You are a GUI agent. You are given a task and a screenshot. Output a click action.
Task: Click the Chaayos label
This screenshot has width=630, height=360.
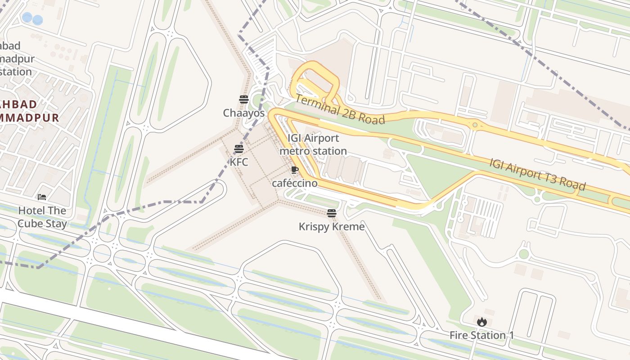point(243,113)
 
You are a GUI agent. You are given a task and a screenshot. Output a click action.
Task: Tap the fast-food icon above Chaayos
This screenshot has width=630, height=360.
point(244,99)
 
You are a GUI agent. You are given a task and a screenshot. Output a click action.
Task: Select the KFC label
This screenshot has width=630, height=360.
point(239,162)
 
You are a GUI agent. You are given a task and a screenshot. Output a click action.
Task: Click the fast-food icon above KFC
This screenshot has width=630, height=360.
point(239,149)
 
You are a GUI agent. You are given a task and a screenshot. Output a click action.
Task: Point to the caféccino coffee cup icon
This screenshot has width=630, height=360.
point(294,170)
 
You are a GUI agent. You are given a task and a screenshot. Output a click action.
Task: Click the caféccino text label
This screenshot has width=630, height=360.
point(294,183)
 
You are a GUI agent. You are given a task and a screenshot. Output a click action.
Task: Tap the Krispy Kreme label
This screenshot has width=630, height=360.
point(332,226)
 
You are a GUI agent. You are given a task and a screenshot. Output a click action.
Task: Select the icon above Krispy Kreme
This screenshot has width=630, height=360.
point(332,213)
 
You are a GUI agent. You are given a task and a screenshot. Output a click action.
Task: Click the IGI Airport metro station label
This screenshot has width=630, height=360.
point(313,144)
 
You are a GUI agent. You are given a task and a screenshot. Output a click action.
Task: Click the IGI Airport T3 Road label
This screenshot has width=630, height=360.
point(537,174)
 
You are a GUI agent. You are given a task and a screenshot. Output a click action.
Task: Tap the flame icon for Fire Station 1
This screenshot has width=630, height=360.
point(481,322)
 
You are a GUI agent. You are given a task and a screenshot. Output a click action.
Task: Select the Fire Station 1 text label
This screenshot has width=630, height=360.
point(481,335)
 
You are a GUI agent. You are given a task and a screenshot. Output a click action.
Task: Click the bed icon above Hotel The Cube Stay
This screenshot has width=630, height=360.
point(42,197)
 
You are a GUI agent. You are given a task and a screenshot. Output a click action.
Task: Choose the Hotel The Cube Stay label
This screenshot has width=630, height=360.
point(42,217)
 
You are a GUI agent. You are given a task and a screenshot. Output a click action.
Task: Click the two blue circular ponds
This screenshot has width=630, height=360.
point(33,19)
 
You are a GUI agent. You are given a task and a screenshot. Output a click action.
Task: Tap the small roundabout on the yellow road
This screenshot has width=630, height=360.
point(475,125)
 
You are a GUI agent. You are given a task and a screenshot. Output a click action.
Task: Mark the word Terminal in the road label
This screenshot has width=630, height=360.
point(317,104)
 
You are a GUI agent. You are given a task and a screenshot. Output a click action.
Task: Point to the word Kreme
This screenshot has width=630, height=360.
point(348,226)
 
